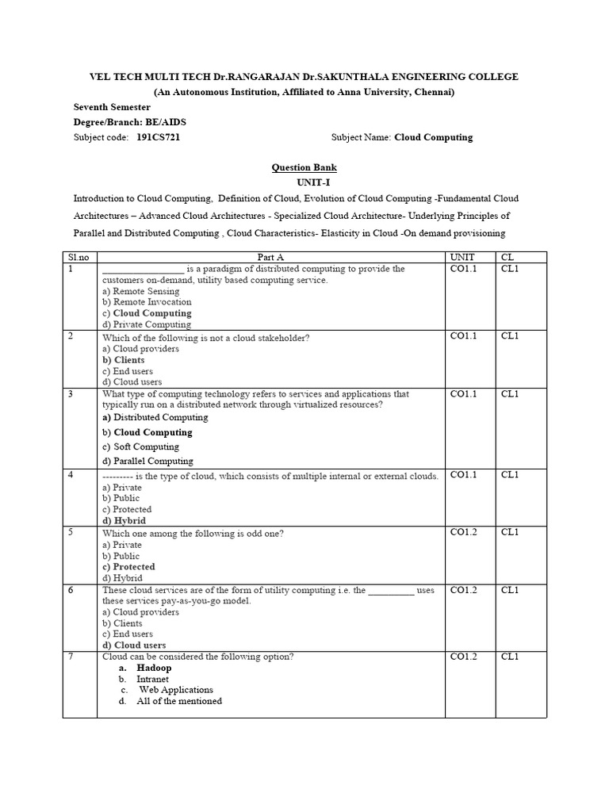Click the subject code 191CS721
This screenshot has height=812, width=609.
click(x=163, y=137)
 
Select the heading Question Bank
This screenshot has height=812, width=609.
click(x=304, y=167)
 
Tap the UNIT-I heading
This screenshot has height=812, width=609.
click(x=304, y=182)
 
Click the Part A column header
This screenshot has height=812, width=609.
click(x=270, y=257)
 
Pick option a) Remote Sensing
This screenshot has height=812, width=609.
click(x=141, y=291)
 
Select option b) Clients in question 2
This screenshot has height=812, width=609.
click(x=124, y=360)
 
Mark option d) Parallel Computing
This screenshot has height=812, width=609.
click(x=147, y=461)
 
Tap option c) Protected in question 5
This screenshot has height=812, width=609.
click(x=128, y=567)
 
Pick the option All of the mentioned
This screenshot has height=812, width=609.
click(x=178, y=701)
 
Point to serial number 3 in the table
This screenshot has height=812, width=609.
click(x=71, y=394)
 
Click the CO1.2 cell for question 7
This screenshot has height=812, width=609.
click(x=464, y=657)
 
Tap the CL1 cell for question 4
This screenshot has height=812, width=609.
click(x=509, y=475)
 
